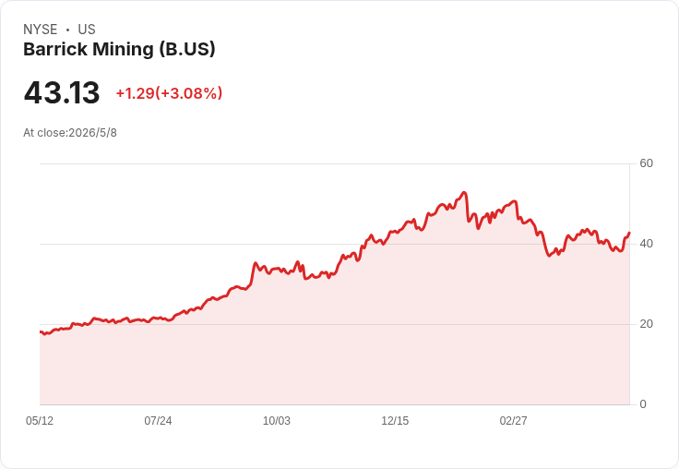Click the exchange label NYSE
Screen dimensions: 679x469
[41, 30]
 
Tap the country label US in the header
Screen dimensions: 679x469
[87, 30]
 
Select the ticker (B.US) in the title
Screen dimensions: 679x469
[187, 50]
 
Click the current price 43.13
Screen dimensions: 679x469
[62, 92]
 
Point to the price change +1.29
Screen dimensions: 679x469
[135, 93]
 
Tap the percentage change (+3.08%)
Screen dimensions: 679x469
[189, 93]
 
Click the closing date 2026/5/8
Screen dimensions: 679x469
[92, 133]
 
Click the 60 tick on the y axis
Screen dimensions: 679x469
[646, 163]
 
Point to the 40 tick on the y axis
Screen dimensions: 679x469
[646, 244]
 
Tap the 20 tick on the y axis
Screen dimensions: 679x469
[646, 324]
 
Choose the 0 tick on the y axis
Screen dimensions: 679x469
[643, 404]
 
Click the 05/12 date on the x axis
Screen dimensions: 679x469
[40, 421]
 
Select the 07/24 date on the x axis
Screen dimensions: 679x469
[158, 421]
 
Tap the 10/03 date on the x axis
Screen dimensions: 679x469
[276, 421]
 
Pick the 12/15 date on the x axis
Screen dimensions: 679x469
[395, 421]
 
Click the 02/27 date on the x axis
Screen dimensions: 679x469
[513, 421]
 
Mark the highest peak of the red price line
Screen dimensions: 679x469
[464, 192]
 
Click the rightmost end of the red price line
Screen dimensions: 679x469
[629, 233]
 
